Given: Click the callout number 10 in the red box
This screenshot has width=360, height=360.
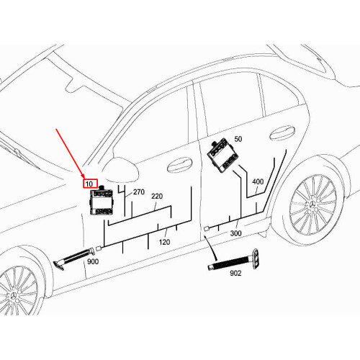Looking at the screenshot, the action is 89,184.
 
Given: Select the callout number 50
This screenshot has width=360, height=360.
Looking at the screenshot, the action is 238,139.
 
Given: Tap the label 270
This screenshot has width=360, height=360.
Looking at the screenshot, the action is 139,192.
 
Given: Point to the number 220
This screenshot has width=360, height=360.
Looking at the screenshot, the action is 157,197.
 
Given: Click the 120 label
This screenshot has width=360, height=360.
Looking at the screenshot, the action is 164,242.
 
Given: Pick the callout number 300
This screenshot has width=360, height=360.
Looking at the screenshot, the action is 235,233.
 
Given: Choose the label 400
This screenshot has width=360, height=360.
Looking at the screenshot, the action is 258,181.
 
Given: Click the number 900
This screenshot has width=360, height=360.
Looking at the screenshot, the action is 93,261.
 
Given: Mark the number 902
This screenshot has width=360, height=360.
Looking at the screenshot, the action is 235,273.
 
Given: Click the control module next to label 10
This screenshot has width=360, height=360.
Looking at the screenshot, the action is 101,201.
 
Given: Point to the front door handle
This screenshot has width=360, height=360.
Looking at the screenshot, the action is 179,164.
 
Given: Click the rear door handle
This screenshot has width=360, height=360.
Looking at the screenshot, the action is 282,133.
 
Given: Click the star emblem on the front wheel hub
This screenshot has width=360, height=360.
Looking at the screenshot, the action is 14,297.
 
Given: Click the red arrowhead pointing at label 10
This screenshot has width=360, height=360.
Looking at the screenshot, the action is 82,176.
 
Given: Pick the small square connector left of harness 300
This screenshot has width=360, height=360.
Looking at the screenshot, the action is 207,229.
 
